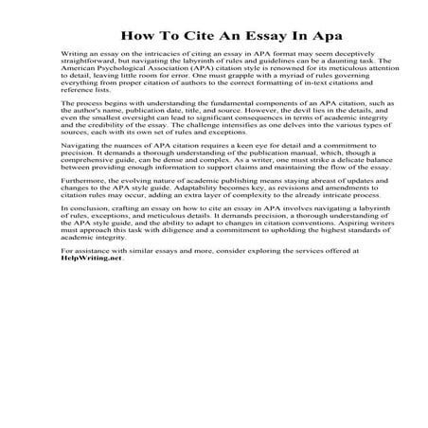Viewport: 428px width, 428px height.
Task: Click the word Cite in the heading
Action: point(200,37)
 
